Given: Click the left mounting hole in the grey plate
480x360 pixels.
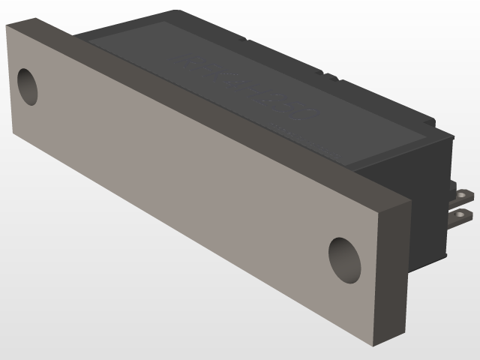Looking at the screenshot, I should [27, 86].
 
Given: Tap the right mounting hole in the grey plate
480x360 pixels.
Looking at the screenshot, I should [344, 259].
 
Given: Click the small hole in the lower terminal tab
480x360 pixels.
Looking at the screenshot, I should [466, 215].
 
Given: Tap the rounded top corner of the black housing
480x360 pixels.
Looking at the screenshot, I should [176, 13].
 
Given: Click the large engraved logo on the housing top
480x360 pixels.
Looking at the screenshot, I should [247, 86].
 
